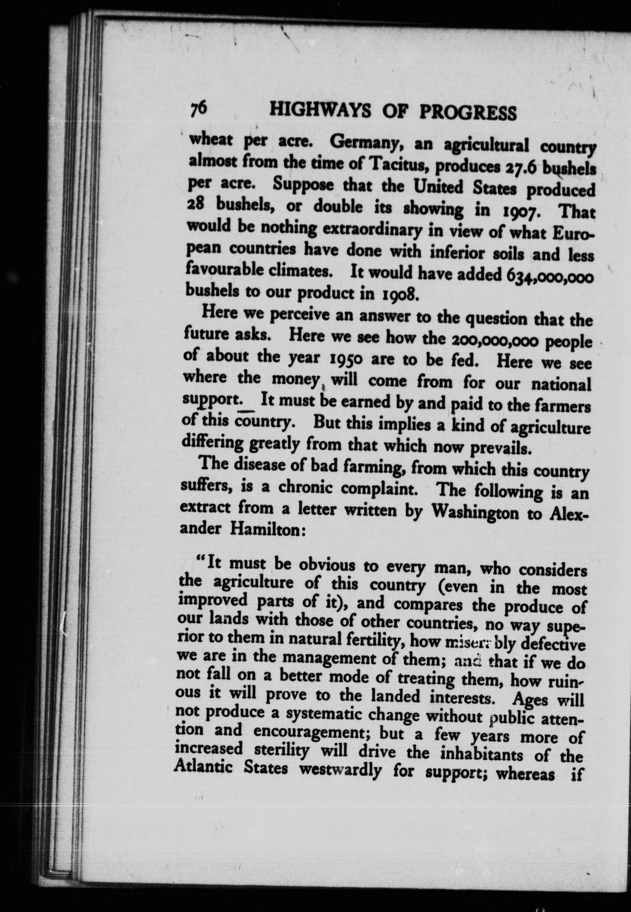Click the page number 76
tap(198, 108)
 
